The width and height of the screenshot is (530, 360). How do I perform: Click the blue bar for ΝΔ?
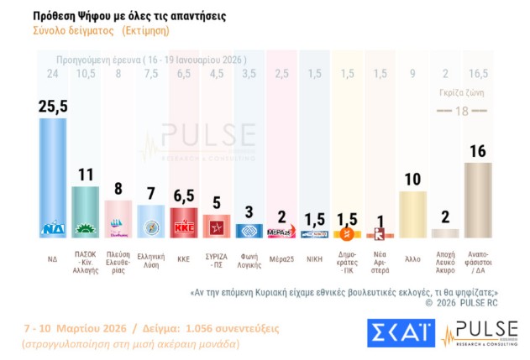[53, 176]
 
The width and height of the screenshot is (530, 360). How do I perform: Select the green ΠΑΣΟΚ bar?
[86, 211]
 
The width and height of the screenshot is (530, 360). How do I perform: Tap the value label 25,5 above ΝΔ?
[53, 105]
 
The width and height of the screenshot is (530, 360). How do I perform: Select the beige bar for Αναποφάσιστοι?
[478, 200]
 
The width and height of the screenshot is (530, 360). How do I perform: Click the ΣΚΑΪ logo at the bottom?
[398, 333]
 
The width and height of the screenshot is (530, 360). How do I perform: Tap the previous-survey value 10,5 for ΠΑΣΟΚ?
[86, 74]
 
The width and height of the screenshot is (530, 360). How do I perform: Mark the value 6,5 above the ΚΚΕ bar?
[184, 195]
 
